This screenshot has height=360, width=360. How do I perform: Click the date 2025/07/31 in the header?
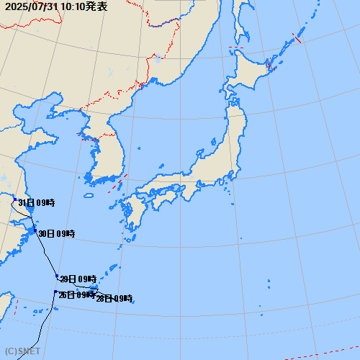(30, 6)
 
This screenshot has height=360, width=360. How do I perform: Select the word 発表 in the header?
(98, 6)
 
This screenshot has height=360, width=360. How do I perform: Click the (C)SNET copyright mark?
(21, 352)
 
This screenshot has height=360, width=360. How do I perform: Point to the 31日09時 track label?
(37, 202)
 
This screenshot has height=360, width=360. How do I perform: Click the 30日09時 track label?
(57, 233)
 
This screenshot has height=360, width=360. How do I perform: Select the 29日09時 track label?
(78, 279)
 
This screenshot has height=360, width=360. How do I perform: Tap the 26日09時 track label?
(76, 294)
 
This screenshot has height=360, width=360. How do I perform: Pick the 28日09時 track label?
(114, 298)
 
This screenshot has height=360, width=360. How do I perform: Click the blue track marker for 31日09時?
(14, 199)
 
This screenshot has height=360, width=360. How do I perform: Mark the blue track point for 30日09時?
(35, 230)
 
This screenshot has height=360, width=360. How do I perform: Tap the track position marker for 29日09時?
(57, 276)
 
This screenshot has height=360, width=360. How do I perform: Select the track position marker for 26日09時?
(55, 292)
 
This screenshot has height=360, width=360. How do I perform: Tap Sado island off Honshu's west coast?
(199, 153)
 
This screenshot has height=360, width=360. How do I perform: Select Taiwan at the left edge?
(6, 306)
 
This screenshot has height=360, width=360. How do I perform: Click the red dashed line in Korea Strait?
(119, 183)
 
